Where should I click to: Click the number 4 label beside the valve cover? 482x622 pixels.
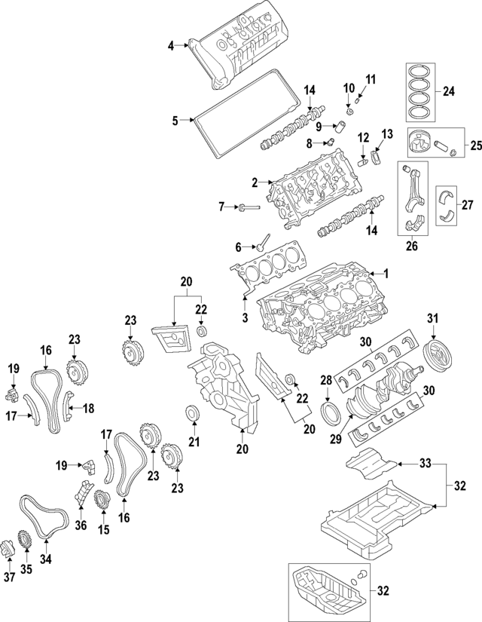[170, 47]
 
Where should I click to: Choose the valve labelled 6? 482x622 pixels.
[261, 243]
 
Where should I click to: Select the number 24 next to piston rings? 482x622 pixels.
[449, 92]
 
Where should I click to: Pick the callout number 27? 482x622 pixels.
[467, 204]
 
